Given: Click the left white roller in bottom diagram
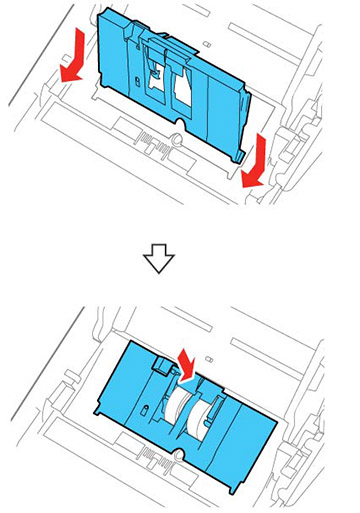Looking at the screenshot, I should [178, 411].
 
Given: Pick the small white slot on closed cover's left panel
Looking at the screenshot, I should [147, 411].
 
